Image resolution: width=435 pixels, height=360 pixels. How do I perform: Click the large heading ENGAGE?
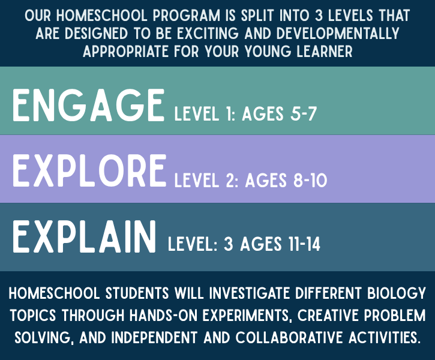click(x=88, y=106)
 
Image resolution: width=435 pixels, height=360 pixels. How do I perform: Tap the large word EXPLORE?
click(x=89, y=170)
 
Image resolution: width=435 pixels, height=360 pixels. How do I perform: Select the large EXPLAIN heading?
click(x=84, y=236)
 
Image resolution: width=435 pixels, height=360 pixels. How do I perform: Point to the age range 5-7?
click(x=304, y=113)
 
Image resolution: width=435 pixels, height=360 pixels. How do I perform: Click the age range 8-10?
click(x=310, y=180)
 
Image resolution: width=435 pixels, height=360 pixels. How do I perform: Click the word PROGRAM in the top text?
click(x=187, y=15)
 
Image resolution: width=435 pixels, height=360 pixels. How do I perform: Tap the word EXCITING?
click(x=208, y=34)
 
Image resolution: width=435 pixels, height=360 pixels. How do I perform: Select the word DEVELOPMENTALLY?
click(x=338, y=34)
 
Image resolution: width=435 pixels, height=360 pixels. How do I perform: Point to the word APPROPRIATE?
click(x=125, y=52)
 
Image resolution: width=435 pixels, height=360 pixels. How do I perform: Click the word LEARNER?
click(x=325, y=52)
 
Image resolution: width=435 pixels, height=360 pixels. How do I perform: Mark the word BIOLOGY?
click(x=397, y=293)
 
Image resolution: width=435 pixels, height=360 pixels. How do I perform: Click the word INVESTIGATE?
click(x=250, y=293)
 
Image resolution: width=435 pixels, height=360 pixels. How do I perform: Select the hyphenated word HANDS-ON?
click(x=164, y=316)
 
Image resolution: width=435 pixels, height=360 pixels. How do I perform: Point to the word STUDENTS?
click(x=137, y=293)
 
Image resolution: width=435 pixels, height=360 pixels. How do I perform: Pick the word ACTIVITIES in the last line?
click(x=383, y=338)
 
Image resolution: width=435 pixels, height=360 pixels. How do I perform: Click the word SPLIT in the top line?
click(x=257, y=15)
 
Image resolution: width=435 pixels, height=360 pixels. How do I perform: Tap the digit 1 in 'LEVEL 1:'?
click(x=229, y=113)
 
